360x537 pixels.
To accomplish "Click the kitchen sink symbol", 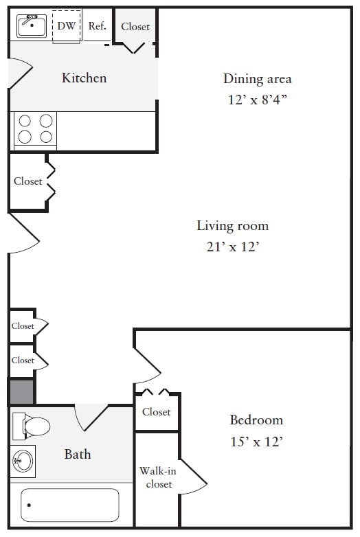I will [x=31, y=26].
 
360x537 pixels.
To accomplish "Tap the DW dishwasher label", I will [x=67, y=26].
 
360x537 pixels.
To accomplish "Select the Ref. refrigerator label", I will [x=97, y=26].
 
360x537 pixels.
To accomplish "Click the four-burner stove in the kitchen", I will [x=36, y=128].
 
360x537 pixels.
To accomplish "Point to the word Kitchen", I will [x=84, y=78].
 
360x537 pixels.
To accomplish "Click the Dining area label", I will [x=257, y=78].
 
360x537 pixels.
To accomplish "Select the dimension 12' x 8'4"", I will [x=257, y=100].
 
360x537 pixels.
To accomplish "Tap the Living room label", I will [x=232, y=225].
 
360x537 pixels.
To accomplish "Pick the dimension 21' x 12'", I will [x=232, y=247].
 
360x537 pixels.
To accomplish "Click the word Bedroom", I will [x=256, y=420].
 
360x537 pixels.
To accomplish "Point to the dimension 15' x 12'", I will [x=256, y=442].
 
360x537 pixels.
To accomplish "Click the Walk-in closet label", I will [x=156, y=477].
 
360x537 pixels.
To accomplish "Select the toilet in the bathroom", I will [x=32, y=426].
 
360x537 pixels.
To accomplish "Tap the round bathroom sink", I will [x=23, y=461].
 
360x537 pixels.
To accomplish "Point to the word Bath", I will [x=78, y=454].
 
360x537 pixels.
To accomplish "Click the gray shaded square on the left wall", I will [x=21, y=391].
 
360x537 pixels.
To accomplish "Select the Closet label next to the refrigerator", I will [x=135, y=26].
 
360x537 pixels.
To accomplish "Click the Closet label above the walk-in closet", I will [x=157, y=412].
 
